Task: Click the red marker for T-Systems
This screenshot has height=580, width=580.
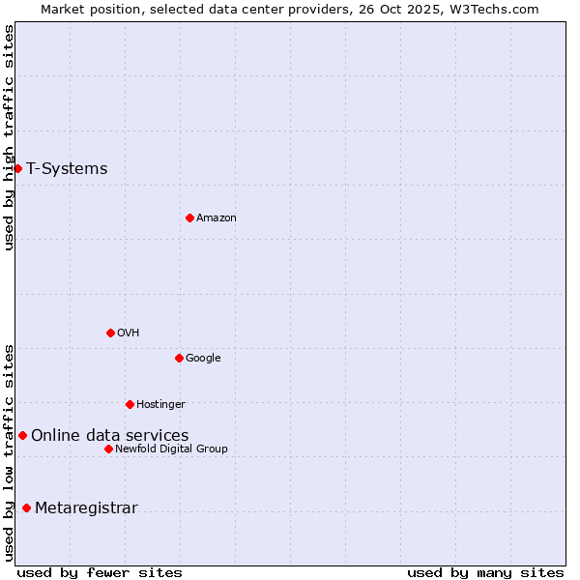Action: pyautogui.click(x=17, y=169)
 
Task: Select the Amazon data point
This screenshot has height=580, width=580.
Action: pyautogui.click(x=189, y=217)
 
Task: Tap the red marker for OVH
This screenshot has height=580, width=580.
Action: pyautogui.click(x=110, y=333)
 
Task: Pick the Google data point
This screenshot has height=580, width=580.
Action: pyautogui.click(x=179, y=358)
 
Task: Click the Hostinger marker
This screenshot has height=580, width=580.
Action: pyautogui.click(x=130, y=404)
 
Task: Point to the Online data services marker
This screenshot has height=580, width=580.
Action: pyautogui.click(x=22, y=435)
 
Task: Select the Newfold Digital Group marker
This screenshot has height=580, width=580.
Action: pyautogui.click(x=108, y=449)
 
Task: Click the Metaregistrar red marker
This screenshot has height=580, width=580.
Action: pyautogui.click(x=26, y=508)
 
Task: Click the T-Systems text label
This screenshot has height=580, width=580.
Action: pyautogui.click(x=67, y=169)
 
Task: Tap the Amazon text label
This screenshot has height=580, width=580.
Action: pyautogui.click(x=217, y=218)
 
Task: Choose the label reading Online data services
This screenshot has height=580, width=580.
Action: pyautogui.click(x=109, y=436)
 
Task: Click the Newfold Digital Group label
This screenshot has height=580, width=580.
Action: pyautogui.click(x=171, y=449)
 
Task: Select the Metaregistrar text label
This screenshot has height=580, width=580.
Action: pyautogui.click(x=86, y=508)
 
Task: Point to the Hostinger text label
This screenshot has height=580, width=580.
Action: pyautogui.click(x=160, y=404)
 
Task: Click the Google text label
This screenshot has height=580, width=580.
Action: pyautogui.click(x=203, y=359)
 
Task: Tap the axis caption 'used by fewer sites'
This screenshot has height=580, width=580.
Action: pyautogui.click(x=100, y=572)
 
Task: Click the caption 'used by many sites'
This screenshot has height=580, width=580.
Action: pyautogui.click(x=485, y=572)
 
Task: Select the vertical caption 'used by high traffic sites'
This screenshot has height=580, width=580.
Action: pyautogui.click(x=9, y=138)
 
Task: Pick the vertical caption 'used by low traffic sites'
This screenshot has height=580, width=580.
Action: pyautogui.click(x=9, y=452)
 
